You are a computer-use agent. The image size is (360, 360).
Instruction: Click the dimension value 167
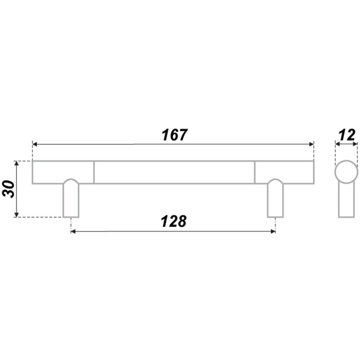pyautogui.click(x=174, y=135)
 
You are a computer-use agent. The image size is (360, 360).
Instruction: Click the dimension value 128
pyautogui.click(x=174, y=221)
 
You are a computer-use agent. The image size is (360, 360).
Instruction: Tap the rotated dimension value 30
pyautogui.click(x=9, y=189)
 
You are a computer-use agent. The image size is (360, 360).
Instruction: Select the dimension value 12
pyautogui.click(x=347, y=135)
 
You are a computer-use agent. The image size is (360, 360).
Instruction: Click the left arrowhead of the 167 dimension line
pyautogui.click(x=35, y=144)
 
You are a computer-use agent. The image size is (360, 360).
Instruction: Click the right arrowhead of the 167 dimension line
pyautogui.click(x=311, y=144)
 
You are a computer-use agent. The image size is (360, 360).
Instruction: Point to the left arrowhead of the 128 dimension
pyautogui.click(x=74, y=231)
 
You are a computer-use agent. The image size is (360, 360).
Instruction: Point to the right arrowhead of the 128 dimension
pyautogui.click(x=273, y=231)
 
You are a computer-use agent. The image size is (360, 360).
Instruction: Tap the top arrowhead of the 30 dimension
pyautogui.click(x=16, y=164)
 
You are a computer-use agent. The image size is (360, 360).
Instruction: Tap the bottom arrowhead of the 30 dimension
pyautogui.click(x=16, y=214)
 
